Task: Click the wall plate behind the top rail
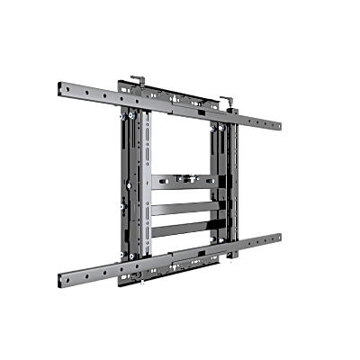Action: click(180, 90)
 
